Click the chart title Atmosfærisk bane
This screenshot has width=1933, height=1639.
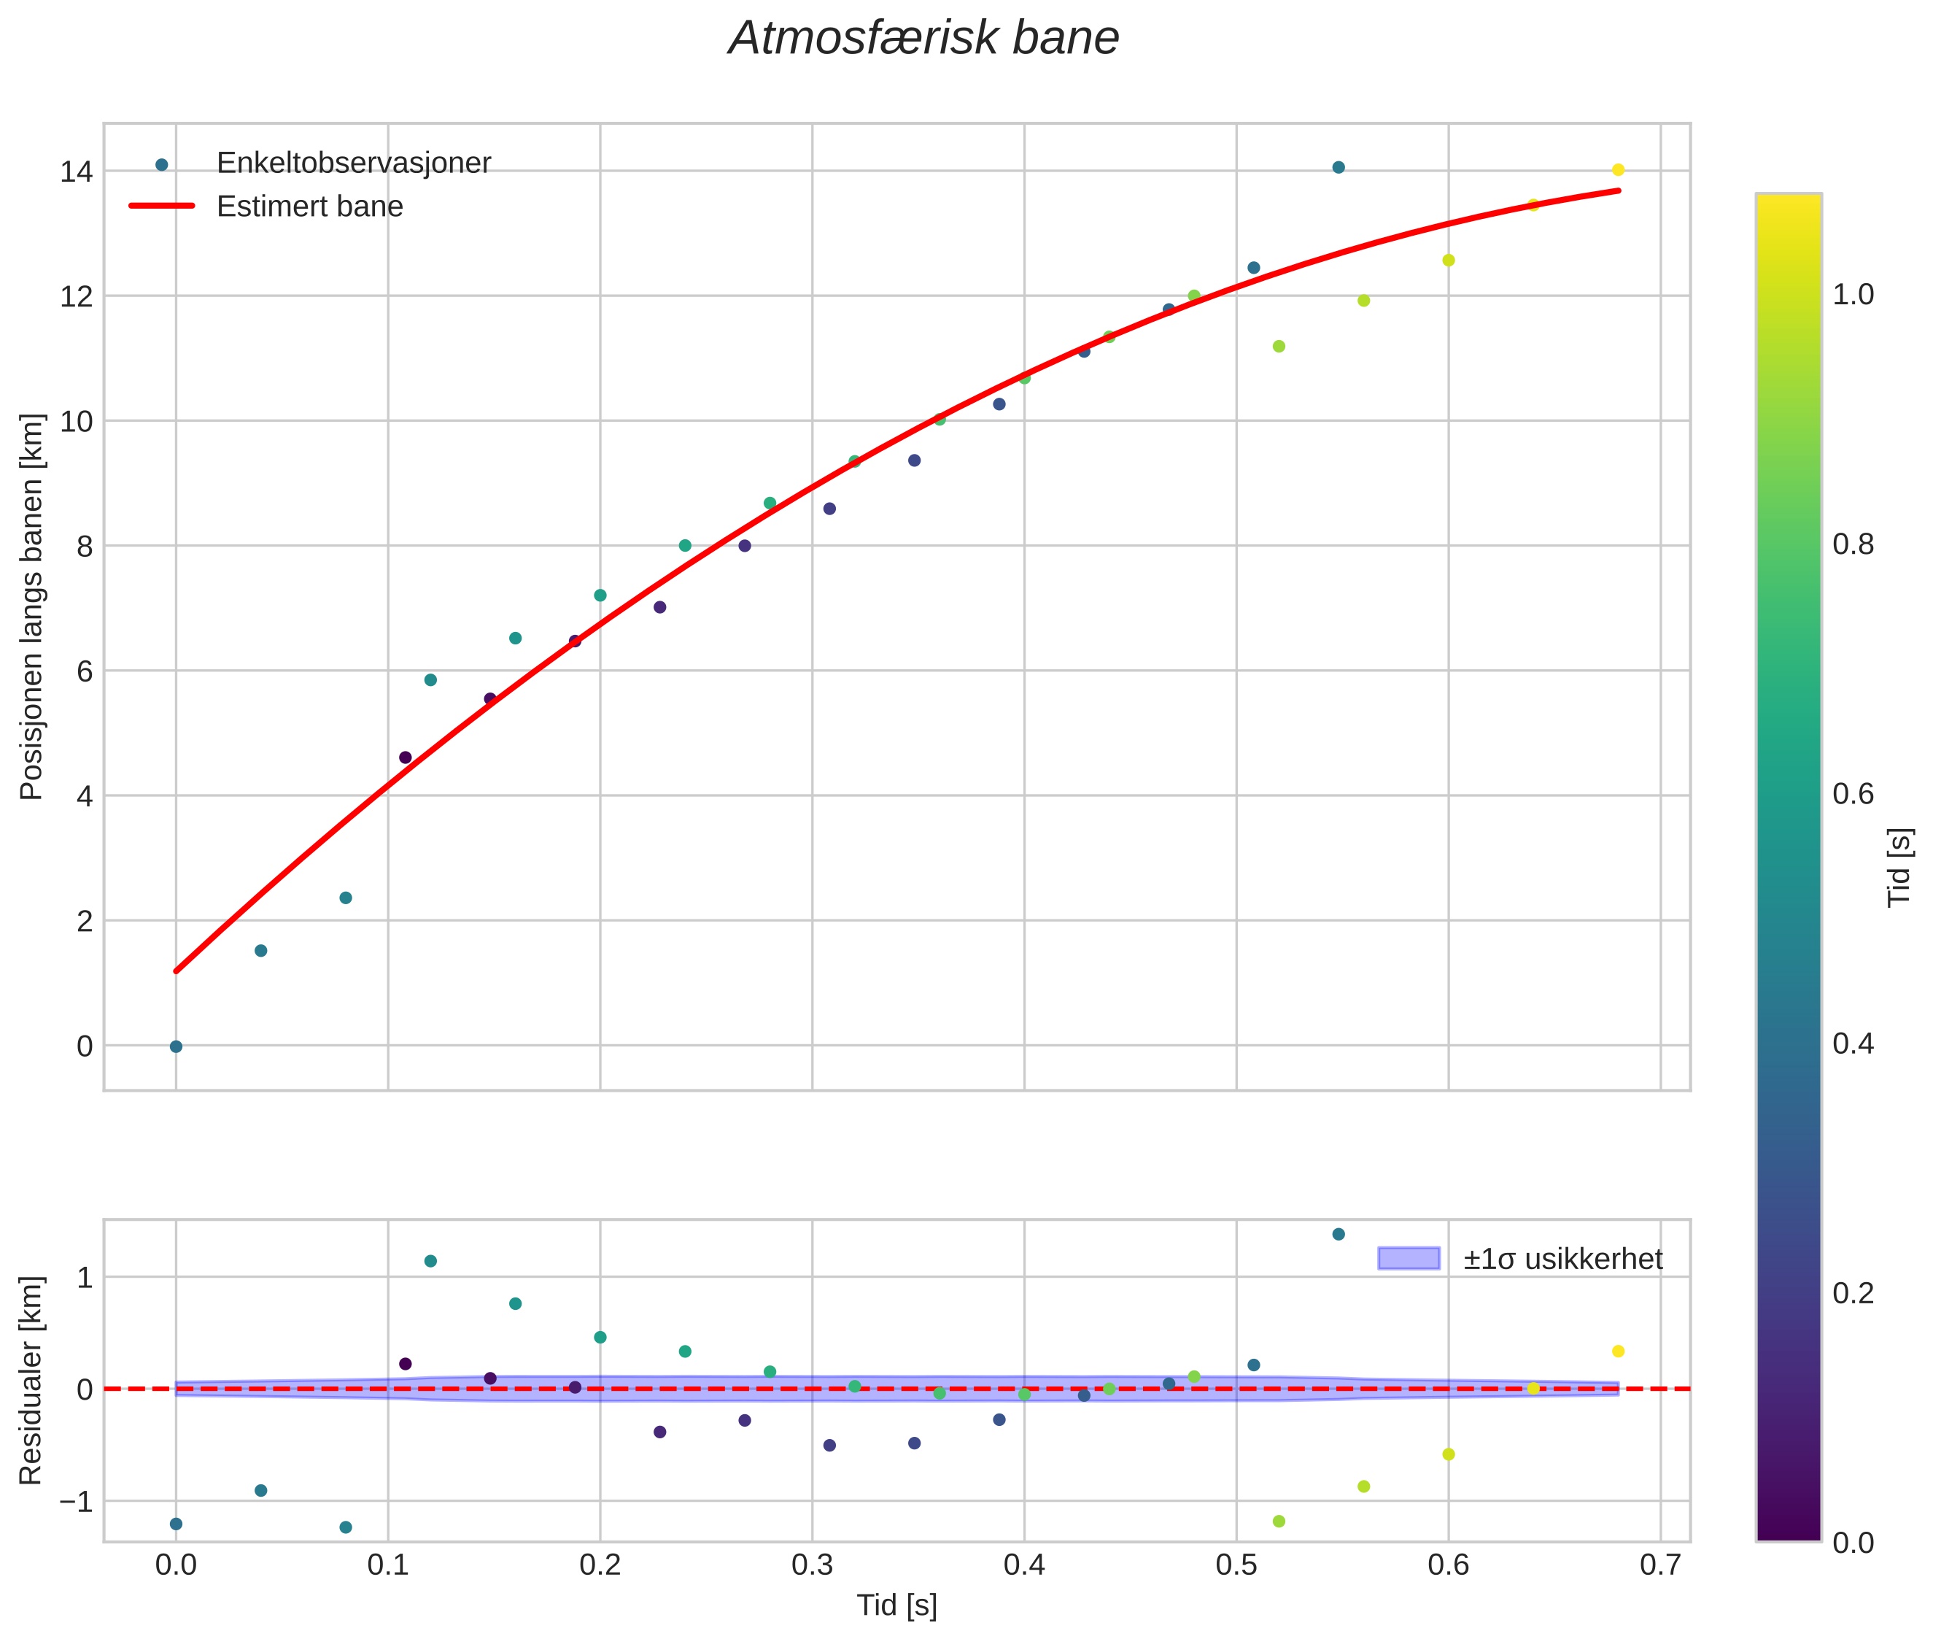pos(923,39)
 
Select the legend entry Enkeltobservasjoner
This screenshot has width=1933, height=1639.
pos(354,163)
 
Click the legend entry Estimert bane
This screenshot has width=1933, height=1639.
pos(310,207)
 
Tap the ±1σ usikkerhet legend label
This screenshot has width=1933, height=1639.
pos(1563,1259)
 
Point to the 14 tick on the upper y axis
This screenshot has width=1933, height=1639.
pos(76,172)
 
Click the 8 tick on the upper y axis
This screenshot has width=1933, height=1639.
pos(85,547)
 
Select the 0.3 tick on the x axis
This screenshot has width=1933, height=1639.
pos(812,1565)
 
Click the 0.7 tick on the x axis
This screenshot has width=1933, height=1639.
pos(1660,1565)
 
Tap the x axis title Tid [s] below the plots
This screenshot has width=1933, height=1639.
pos(896,1605)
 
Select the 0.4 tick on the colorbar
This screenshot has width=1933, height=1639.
pos(1853,1044)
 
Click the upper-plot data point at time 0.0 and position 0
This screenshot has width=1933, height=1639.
pos(176,1046)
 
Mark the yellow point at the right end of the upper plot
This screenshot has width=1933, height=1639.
pos(1618,170)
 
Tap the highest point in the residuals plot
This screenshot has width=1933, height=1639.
pos(1339,1234)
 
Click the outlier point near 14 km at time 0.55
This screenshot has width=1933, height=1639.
pos(1339,167)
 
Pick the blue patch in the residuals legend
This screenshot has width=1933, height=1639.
pos(1409,1258)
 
